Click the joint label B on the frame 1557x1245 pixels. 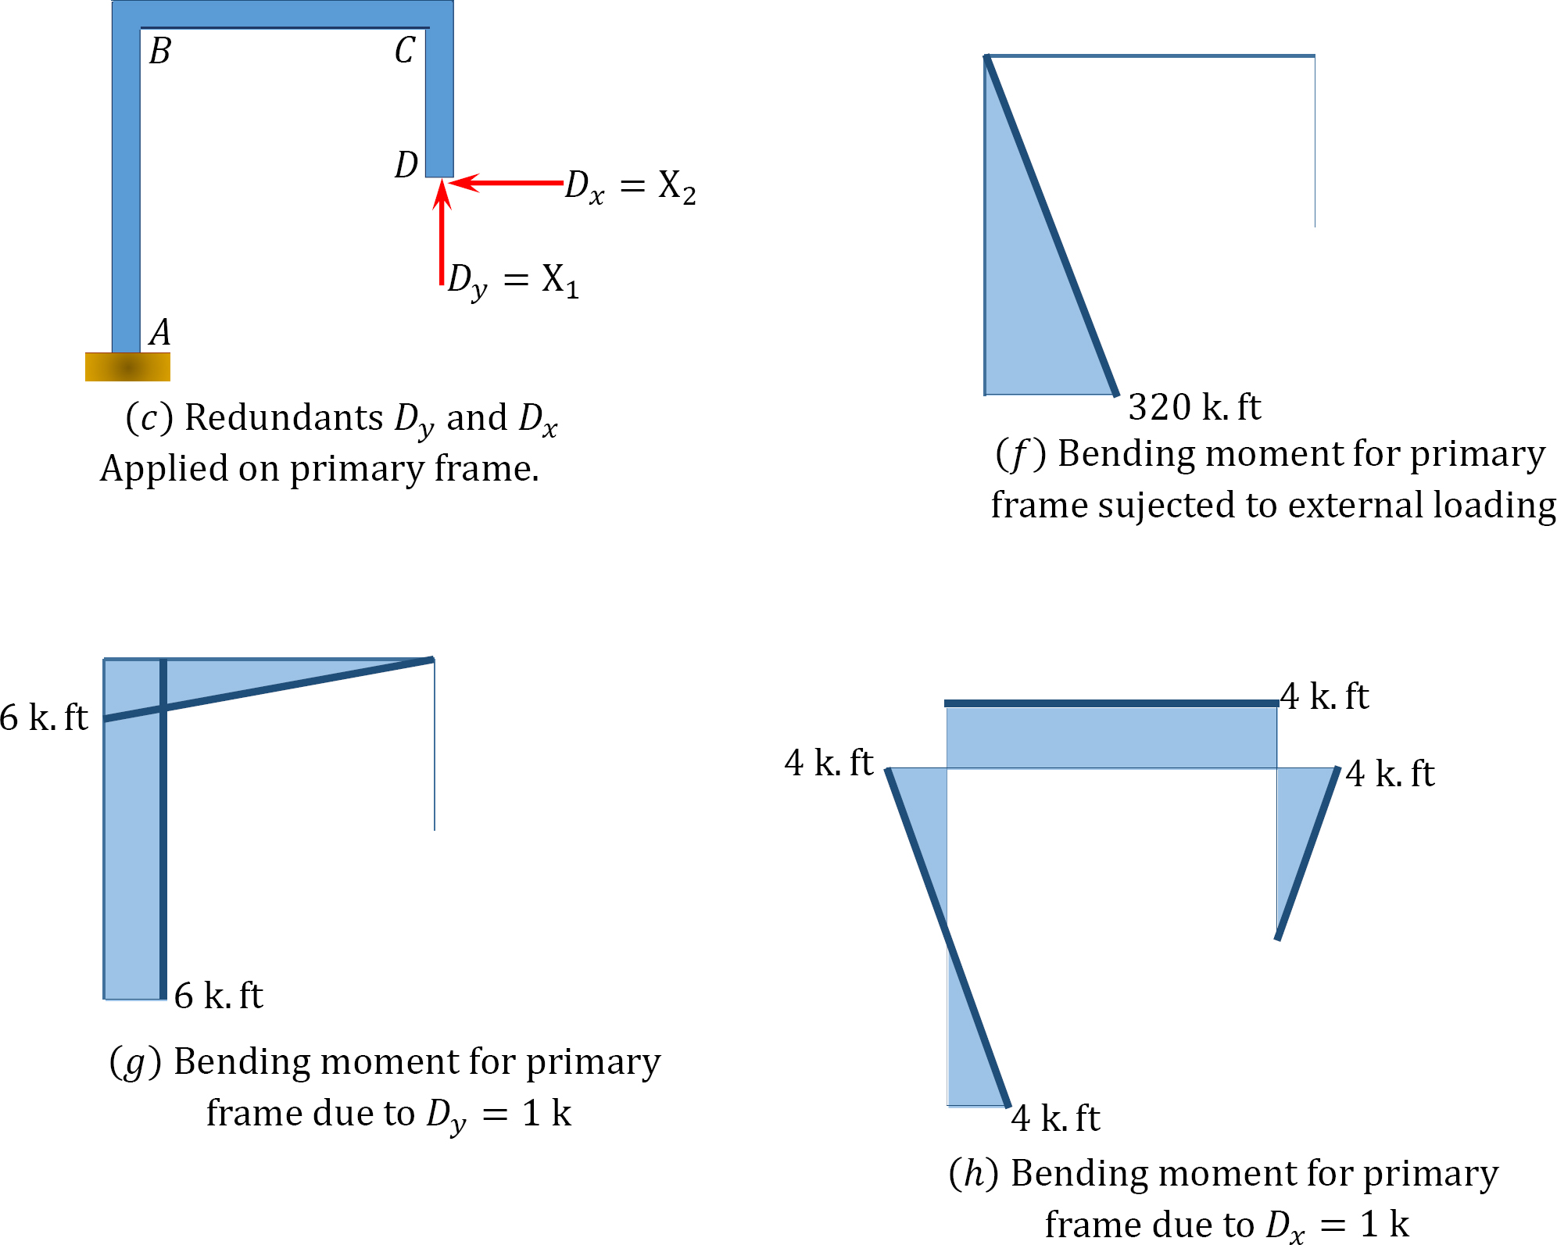click(x=160, y=52)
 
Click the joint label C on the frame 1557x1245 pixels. click(x=404, y=52)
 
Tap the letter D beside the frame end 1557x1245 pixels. click(x=406, y=165)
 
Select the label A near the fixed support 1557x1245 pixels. click(x=160, y=332)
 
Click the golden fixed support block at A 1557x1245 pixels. click(x=127, y=367)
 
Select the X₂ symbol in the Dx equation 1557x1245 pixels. click(x=677, y=188)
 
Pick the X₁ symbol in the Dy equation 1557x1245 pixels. click(x=560, y=281)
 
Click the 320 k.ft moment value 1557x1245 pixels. click(x=1194, y=407)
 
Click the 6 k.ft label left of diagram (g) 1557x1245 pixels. click(x=44, y=717)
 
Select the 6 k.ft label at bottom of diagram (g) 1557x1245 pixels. click(x=218, y=996)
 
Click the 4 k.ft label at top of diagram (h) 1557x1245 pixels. click(x=1324, y=696)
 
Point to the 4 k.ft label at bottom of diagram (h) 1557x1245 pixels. click(x=1055, y=1118)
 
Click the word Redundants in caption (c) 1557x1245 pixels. click(x=284, y=418)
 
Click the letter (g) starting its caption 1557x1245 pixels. click(x=135, y=1063)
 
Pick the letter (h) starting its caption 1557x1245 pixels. click(x=974, y=1174)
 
